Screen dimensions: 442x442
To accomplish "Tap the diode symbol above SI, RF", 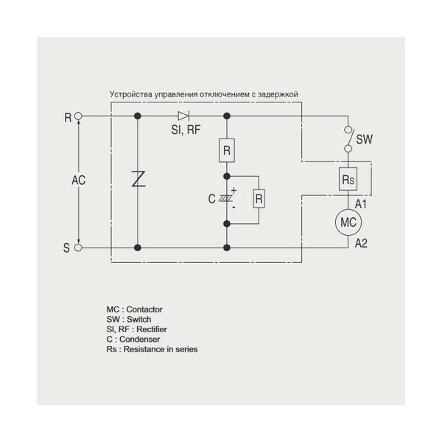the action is click(183, 116).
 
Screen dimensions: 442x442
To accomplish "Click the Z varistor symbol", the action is click(138, 179).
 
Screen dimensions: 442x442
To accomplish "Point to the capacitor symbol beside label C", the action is click(226, 199).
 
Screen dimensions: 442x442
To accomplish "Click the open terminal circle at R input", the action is click(78, 116).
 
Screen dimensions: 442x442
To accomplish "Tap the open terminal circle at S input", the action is click(78, 248).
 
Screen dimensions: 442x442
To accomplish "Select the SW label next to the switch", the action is click(364, 139).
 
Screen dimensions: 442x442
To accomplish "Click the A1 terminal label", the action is click(361, 204).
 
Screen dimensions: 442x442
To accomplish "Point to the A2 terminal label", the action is click(361, 243).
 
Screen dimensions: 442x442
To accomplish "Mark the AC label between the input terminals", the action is click(78, 180).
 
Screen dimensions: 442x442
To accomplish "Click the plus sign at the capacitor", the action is click(234, 191).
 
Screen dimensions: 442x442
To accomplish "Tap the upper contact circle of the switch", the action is click(348, 130).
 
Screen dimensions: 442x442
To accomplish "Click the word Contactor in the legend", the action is click(144, 309).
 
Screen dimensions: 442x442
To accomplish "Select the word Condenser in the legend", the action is click(140, 339).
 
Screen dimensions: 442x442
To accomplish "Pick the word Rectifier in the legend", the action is click(152, 329).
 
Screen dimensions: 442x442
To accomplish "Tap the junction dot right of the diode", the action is click(227, 116).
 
